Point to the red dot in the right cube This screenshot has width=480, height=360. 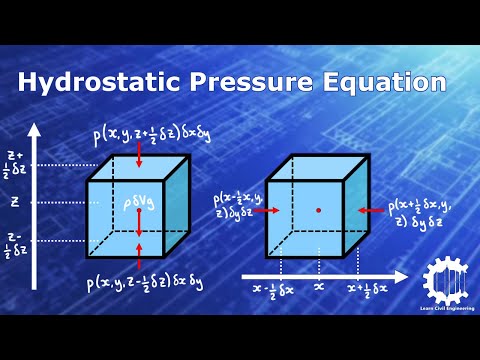(x=318, y=210)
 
